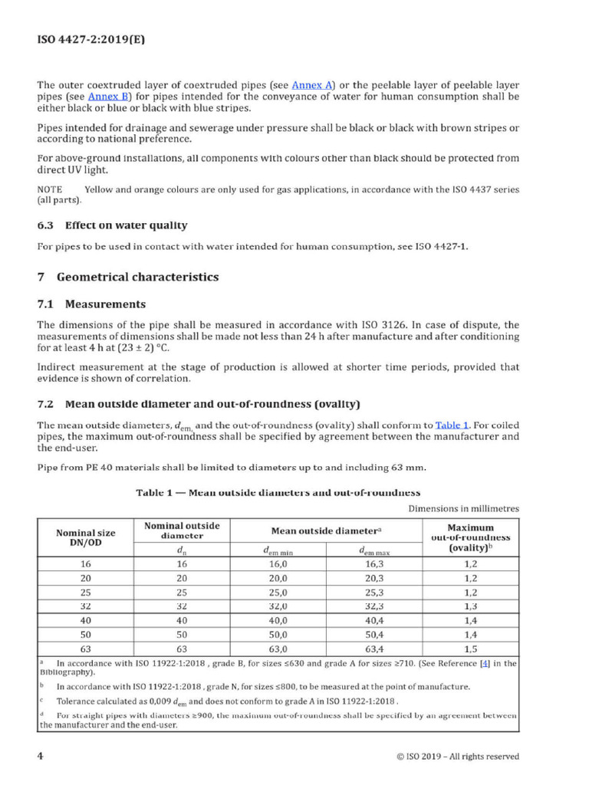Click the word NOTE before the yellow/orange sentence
(51, 189)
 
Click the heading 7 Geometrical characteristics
(128, 277)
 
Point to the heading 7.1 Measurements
(91, 304)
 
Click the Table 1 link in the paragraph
(452, 425)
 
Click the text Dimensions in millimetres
(463, 508)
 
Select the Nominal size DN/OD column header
(86, 537)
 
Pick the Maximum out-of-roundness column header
(470, 537)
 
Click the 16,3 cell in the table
(375, 563)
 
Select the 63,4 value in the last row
(375, 648)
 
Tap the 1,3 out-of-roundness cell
(470, 606)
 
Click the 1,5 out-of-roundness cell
(470, 648)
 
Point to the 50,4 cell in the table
(375, 634)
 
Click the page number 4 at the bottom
(41, 756)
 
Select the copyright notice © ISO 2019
(457, 757)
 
